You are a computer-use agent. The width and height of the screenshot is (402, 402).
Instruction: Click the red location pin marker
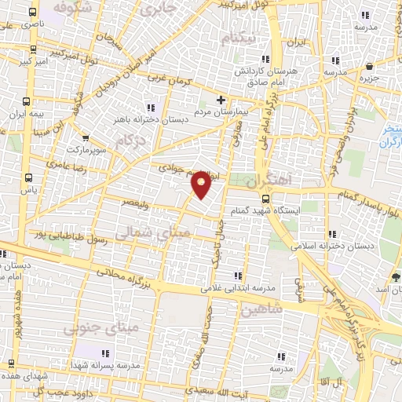click(x=202, y=183)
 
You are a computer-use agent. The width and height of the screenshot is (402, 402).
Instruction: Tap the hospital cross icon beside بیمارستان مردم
click(x=221, y=100)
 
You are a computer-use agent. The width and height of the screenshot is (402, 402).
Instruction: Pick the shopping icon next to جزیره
click(x=370, y=67)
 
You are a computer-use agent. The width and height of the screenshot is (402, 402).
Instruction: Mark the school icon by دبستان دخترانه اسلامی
click(x=335, y=233)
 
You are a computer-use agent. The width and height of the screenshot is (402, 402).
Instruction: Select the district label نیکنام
click(x=238, y=38)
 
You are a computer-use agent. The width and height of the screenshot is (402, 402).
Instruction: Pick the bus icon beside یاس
click(x=29, y=177)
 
